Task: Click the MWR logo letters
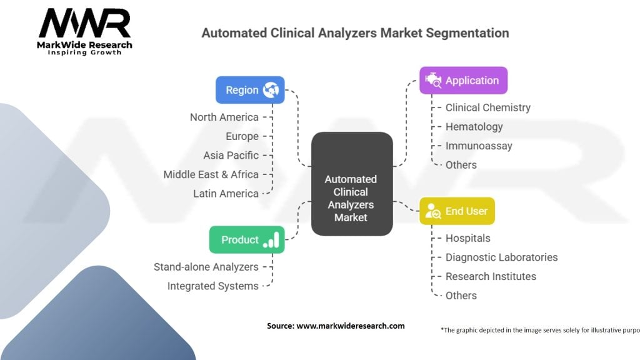[x=85, y=24]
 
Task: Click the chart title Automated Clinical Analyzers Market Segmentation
[x=354, y=32]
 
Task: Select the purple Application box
[x=463, y=81]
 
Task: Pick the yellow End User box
[x=457, y=211]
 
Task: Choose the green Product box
[x=246, y=240]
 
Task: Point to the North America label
[x=224, y=117]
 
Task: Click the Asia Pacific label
[x=231, y=155]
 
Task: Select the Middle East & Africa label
[x=211, y=174]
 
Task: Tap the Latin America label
[x=226, y=193]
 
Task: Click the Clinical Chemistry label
[x=487, y=107]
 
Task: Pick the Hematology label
[x=474, y=127]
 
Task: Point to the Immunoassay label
[x=478, y=146]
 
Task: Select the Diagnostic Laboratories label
[x=501, y=257]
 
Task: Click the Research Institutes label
[x=491, y=276]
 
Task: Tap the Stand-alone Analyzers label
[x=206, y=267]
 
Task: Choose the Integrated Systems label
[x=212, y=286]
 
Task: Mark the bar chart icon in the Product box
[x=271, y=239]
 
